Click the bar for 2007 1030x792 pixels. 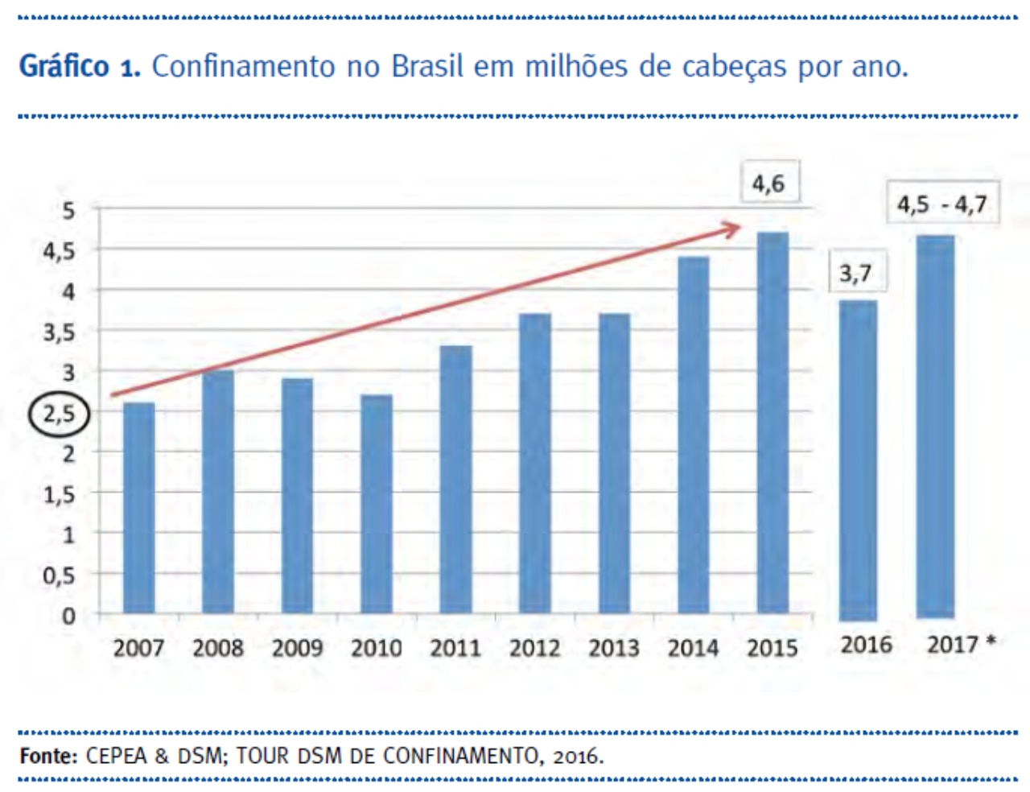(138, 508)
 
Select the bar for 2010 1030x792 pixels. (376, 504)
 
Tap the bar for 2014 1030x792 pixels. (693, 435)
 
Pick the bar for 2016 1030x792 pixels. (858, 460)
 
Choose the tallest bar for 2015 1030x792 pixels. (772, 423)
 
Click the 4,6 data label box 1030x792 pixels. (768, 184)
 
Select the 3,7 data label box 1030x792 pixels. (855, 274)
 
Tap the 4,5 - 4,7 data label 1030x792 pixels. (941, 204)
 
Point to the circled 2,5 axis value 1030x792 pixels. (59, 415)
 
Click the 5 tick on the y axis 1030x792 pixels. (68, 211)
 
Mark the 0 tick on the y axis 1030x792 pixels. (68, 616)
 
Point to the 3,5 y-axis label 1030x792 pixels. (59, 332)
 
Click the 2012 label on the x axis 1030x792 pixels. (534, 648)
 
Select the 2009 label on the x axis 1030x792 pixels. (297, 648)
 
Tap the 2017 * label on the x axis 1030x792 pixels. (961, 645)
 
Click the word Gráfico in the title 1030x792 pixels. (64, 66)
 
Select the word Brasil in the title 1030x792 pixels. (427, 66)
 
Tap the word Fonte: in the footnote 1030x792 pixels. (48, 756)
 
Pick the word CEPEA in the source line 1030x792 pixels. (116, 756)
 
